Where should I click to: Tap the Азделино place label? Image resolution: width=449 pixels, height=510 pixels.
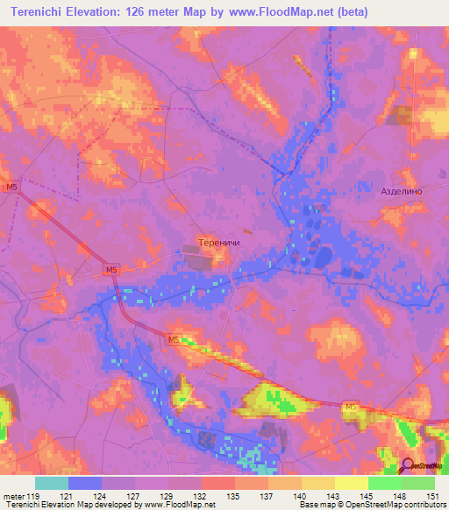[x=402, y=191]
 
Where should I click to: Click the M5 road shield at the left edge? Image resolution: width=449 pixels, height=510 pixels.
[x=11, y=188]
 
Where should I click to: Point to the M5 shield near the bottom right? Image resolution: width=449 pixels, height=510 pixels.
[x=351, y=407]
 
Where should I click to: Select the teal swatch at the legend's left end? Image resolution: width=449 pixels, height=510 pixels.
[x=52, y=483]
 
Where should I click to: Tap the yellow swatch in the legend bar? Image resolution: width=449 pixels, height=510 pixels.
[x=351, y=483]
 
